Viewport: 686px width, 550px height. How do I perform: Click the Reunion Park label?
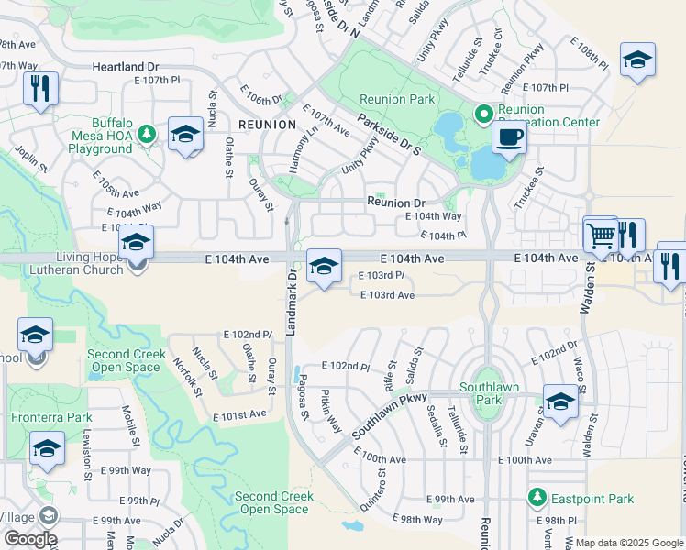point(397,99)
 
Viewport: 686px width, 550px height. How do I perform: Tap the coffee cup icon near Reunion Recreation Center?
point(509,138)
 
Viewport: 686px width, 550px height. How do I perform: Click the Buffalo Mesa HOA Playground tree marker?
point(146,135)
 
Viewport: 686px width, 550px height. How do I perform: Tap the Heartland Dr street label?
point(126,67)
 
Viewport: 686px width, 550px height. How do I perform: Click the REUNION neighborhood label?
point(267,124)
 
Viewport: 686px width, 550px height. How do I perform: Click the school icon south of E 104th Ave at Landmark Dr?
point(324,267)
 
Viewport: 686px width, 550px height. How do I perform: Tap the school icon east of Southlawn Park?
point(560,401)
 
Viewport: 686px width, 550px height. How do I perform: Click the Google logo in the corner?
point(29,538)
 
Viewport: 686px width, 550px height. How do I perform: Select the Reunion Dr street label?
point(396,203)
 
